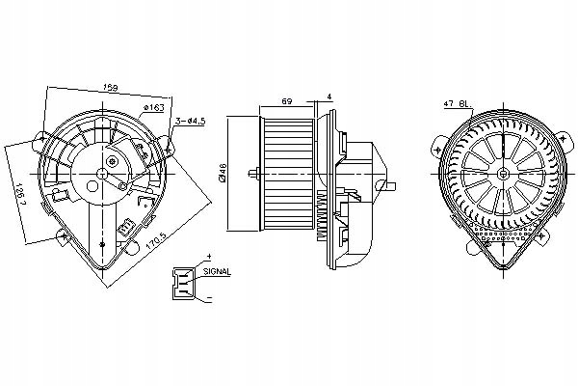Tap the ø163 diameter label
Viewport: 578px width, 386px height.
(155, 106)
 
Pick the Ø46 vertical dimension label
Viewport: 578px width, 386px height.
(223, 174)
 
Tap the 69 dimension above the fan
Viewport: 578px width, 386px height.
(287, 101)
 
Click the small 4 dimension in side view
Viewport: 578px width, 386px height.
(328, 95)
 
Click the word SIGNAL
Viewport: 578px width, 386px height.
(218, 273)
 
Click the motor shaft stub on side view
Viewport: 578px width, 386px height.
(254, 175)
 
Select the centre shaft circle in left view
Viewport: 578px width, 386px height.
(103, 176)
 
